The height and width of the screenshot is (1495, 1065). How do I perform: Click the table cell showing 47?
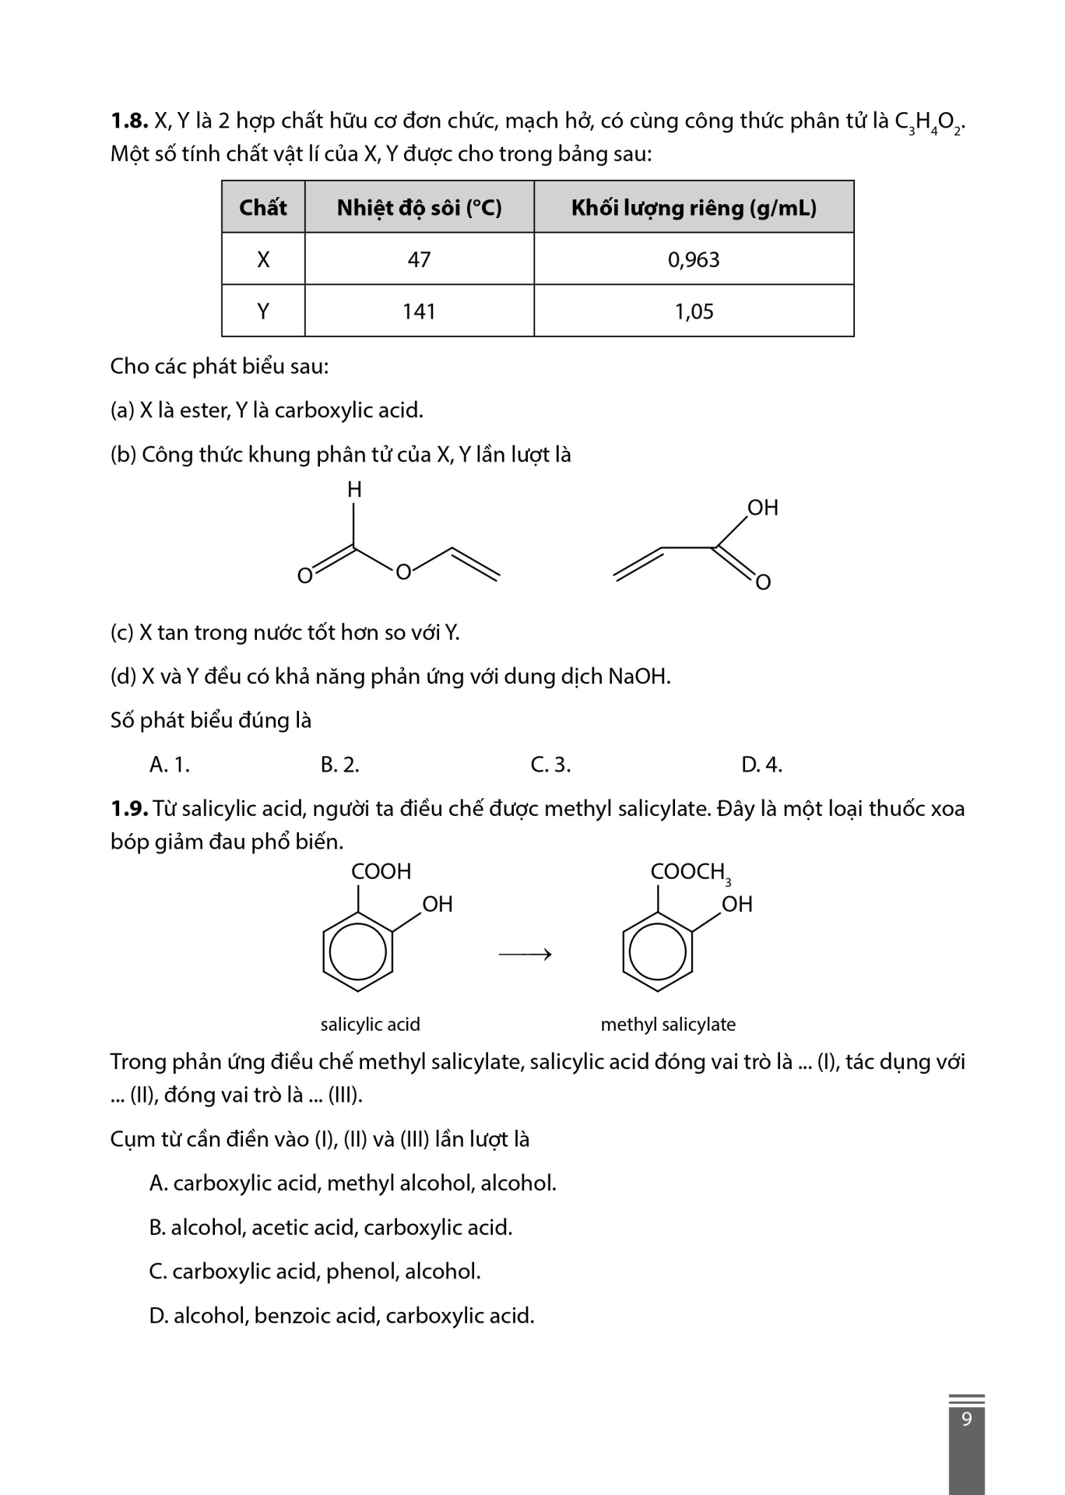[x=419, y=259]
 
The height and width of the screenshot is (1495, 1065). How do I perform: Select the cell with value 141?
[x=419, y=311]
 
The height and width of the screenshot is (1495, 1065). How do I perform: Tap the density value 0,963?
[x=694, y=259]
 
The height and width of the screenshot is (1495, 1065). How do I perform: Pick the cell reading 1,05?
[x=694, y=311]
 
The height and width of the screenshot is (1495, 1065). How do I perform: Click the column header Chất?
[x=263, y=208]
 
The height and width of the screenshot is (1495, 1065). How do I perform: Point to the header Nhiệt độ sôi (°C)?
[x=419, y=208]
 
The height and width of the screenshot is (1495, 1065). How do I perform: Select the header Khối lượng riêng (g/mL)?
[x=694, y=208]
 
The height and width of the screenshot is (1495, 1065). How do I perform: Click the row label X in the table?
[x=263, y=259]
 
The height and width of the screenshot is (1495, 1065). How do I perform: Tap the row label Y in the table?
[x=263, y=311]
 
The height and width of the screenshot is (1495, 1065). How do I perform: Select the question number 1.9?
[x=128, y=809]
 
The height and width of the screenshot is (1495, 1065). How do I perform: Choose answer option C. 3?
[x=550, y=765]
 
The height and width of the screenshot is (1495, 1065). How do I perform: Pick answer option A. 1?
[x=170, y=765]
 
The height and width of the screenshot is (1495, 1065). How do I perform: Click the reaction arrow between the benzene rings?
[x=525, y=954]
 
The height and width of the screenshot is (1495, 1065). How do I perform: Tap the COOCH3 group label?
[x=690, y=873]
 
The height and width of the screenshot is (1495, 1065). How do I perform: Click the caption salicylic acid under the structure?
[x=371, y=1025]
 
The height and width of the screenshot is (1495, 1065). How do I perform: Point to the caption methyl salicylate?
[x=668, y=1025]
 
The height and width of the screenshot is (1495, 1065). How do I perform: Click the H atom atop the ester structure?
[x=354, y=490]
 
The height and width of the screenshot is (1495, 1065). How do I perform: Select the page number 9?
[x=967, y=1419]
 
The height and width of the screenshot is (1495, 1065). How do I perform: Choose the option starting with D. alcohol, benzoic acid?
[x=342, y=1316]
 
